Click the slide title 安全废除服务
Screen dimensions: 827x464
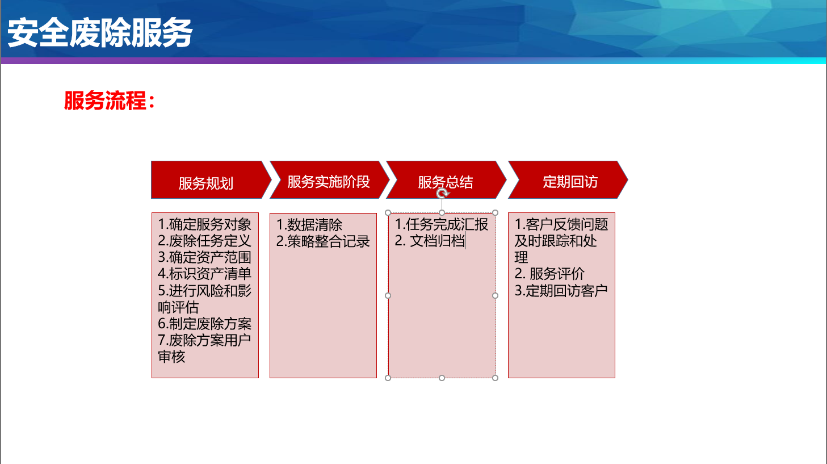pyautogui.click(x=100, y=33)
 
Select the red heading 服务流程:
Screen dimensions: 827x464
pyautogui.click(x=110, y=101)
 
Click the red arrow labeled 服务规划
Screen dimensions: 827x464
pyautogui.click(x=211, y=180)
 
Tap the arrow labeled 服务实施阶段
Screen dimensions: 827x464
pyautogui.click(x=329, y=180)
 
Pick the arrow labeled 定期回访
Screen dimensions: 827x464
pyautogui.click(x=568, y=180)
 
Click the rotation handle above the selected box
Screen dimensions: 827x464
pyautogui.click(x=442, y=193)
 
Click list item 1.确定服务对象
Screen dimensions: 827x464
pyautogui.click(x=204, y=224)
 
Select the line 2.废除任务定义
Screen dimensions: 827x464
pyautogui.click(x=204, y=241)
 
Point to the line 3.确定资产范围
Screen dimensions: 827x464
pyautogui.click(x=204, y=257)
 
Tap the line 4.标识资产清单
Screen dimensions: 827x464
pyautogui.click(x=204, y=274)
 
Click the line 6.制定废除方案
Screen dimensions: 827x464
pyautogui.click(x=204, y=324)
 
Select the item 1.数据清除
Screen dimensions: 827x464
pyautogui.click(x=309, y=224)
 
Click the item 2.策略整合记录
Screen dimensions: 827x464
pyautogui.click(x=323, y=241)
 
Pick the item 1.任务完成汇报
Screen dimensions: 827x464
pyautogui.click(x=442, y=224)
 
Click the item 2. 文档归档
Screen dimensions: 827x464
pyautogui.click(x=430, y=241)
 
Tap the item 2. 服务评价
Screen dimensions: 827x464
pyautogui.click(x=549, y=274)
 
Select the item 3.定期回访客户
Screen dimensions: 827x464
pyautogui.click(x=561, y=291)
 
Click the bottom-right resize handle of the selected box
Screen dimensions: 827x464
pyautogui.click(x=496, y=378)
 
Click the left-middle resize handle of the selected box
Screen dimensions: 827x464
pyautogui.click(x=388, y=295)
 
